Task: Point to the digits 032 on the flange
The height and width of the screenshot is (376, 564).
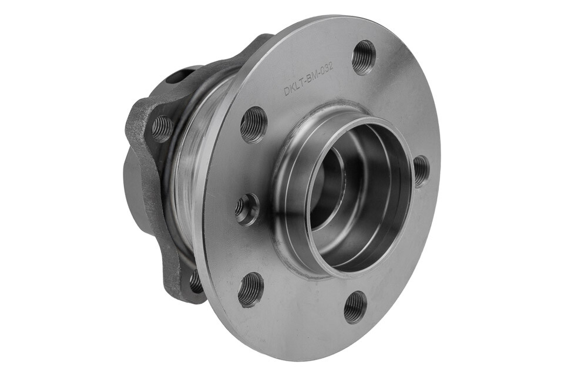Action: pyautogui.click(x=327, y=69)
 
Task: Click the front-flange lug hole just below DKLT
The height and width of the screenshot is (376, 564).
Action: pyautogui.click(x=254, y=124)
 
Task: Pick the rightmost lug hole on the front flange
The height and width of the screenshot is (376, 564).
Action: pyautogui.click(x=421, y=171)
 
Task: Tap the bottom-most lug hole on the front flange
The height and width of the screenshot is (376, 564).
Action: pyautogui.click(x=355, y=307)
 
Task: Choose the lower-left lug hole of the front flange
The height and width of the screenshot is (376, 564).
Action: pyautogui.click(x=251, y=289)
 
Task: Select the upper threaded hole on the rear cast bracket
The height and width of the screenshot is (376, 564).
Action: pyautogui.click(x=162, y=128)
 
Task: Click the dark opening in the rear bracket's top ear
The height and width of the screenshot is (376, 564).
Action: pyautogui.click(x=176, y=76)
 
